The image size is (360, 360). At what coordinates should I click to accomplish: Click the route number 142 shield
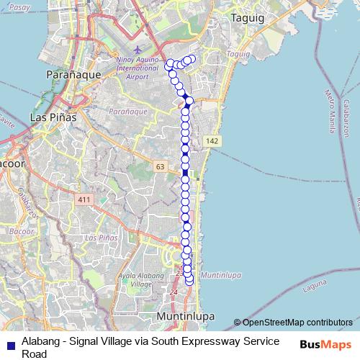click(211, 140)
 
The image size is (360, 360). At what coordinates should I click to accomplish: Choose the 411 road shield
click(86, 199)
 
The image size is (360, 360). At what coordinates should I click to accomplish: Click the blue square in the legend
click(10, 342)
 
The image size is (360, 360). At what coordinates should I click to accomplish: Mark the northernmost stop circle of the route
click(192, 58)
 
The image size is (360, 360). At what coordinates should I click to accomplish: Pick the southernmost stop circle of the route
click(190, 282)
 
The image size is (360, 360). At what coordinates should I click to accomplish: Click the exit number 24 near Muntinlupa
click(173, 292)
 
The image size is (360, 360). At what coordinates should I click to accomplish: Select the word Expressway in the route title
click(217, 341)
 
